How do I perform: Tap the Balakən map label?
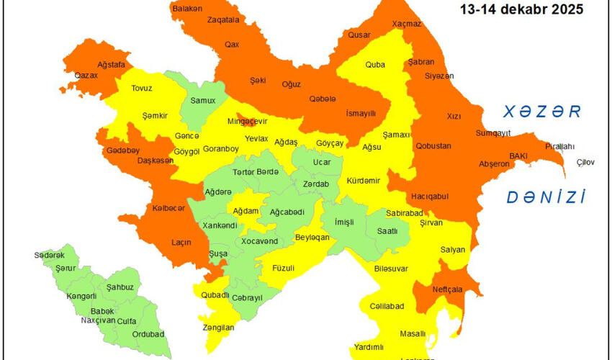[187, 9]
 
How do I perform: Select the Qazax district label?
[86, 74]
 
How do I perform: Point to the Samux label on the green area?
[203, 100]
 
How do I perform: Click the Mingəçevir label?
[248, 122]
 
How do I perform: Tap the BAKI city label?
[518, 155]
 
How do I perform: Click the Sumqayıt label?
[493, 133]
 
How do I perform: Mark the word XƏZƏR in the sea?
[542, 111]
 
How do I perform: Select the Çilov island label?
[585, 163]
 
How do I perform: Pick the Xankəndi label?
[220, 225]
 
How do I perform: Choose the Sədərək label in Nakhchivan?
[49, 255]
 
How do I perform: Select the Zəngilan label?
[219, 327]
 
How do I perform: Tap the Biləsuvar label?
[391, 268]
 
